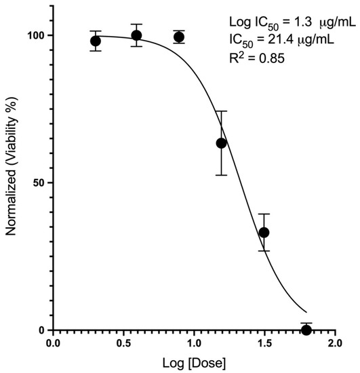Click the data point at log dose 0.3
tap(96, 41)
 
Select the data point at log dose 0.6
tap(136, 35)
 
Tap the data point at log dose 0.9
tap(179, 37)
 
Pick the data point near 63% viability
tap(221, 143)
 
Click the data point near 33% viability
tap(264, 233)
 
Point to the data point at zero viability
tap(306, 330)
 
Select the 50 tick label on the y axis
tap(39, 183)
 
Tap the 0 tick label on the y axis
tap(42, 330)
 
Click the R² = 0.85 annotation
tap(263, 59)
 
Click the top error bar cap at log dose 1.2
tap(221, 111)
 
